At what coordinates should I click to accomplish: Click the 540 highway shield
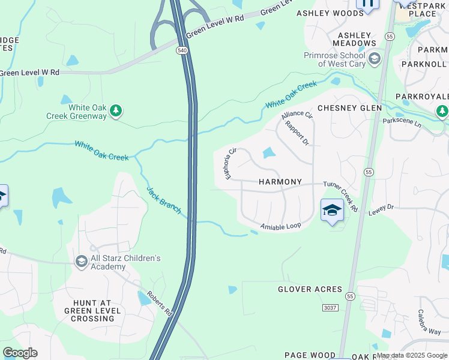click(182, 51)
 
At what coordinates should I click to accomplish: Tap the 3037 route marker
click(330, 308)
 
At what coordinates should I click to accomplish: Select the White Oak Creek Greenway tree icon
click(116, 110)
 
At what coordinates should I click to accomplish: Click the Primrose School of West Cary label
click(336, 59)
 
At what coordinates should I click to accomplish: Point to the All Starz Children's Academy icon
click(82, 262)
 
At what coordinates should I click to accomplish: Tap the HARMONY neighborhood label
click(280, 182)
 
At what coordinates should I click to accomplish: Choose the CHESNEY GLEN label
click(349, 108)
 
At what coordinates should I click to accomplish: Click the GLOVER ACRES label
click(310, 289)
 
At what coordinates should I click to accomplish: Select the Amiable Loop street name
click(280, 226)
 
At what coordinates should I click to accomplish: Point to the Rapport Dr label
click(297, 134)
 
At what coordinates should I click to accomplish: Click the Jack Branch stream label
click(164, 200)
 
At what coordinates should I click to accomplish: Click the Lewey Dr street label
click(381, 209)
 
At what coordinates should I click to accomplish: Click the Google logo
click(20, 353)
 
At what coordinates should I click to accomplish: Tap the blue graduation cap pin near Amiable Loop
click(331, 211)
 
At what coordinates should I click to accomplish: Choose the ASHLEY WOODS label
click(330, 13)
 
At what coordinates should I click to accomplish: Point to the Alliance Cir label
click(297, 114)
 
